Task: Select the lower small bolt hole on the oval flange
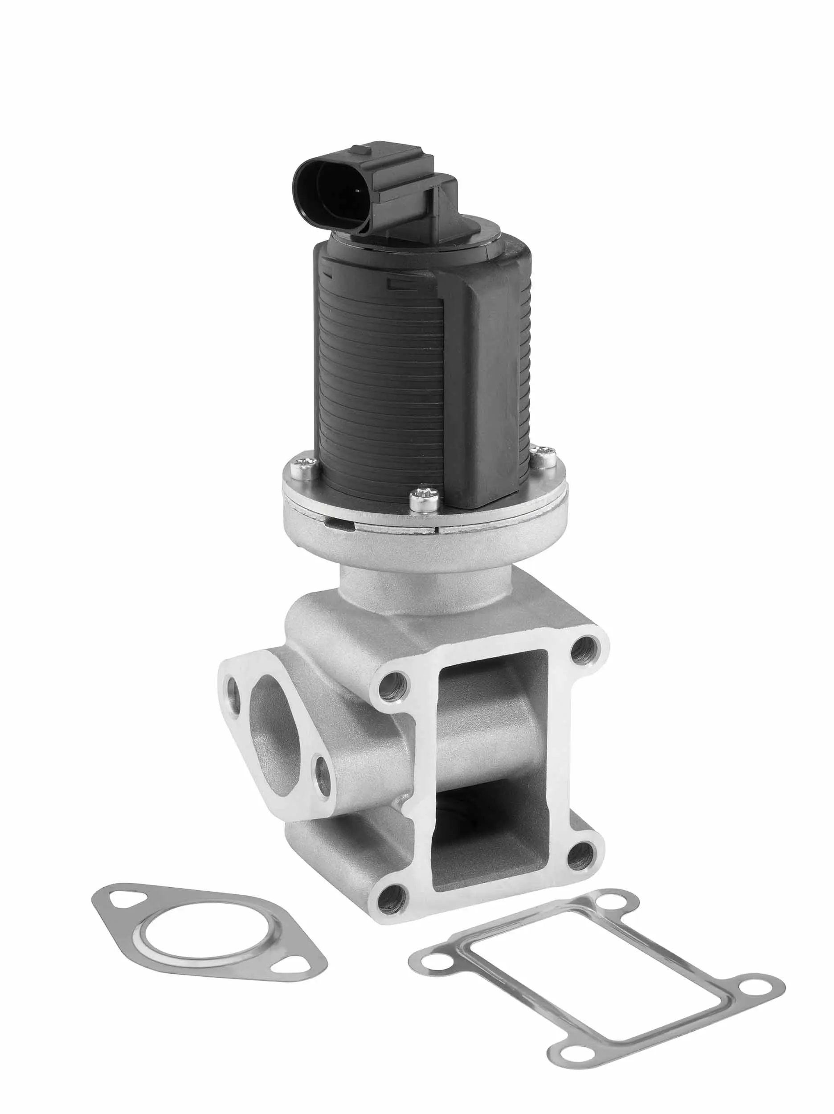click(322, 782)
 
